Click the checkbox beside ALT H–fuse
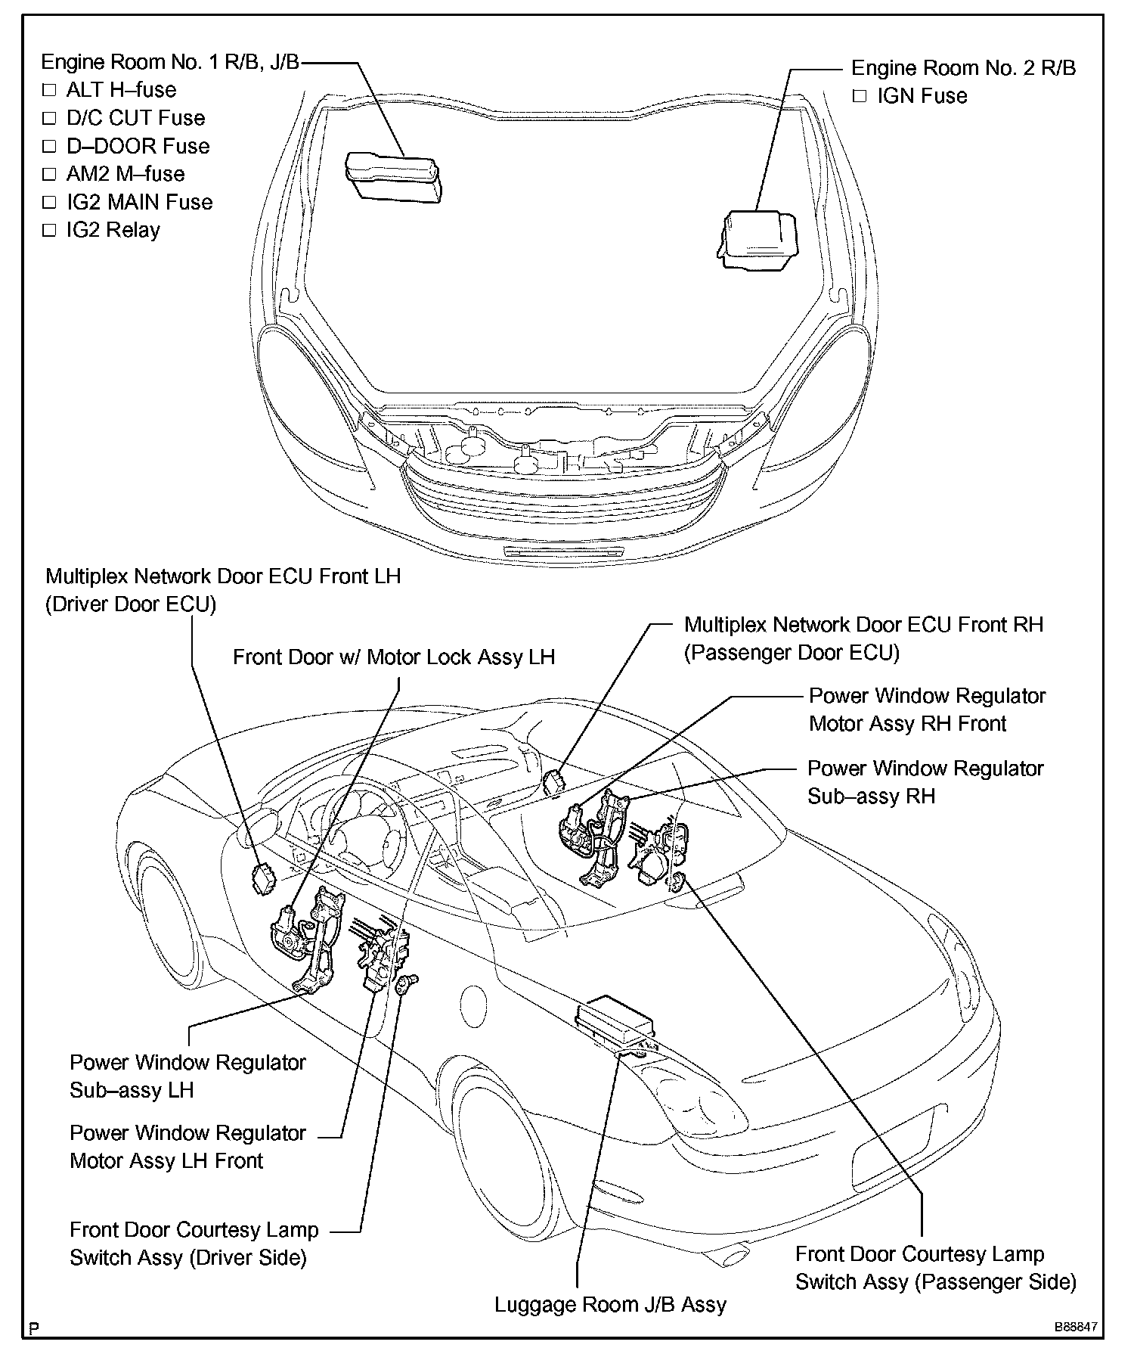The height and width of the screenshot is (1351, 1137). (x=50, y=90)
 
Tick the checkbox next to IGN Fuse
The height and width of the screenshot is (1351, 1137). (x=859, y=96)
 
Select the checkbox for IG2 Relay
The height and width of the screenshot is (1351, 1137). (x=50, y=230)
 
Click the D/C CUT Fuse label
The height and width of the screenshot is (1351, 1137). (x=135, y=118)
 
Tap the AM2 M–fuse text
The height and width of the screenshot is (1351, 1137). (x=125, y=174)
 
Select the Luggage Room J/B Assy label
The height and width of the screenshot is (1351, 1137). (x=610, y=1305)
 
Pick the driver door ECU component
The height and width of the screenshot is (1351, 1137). (x=265, y=878)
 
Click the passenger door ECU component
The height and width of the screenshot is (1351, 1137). (x=556, y=781)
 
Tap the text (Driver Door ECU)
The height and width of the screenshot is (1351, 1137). (x=131, y=604)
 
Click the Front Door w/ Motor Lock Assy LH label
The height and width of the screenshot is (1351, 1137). (x=393, y=657)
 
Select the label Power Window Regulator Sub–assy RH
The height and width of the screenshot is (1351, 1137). (x=925, y=782)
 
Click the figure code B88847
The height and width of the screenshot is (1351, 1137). (x=1077, y=1328)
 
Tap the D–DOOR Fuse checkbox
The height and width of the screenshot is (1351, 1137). (x=50, y=146)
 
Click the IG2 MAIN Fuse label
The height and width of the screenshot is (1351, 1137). (x=139, y=202)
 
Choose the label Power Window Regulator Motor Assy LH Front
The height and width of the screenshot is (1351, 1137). (x=187, y=1147)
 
